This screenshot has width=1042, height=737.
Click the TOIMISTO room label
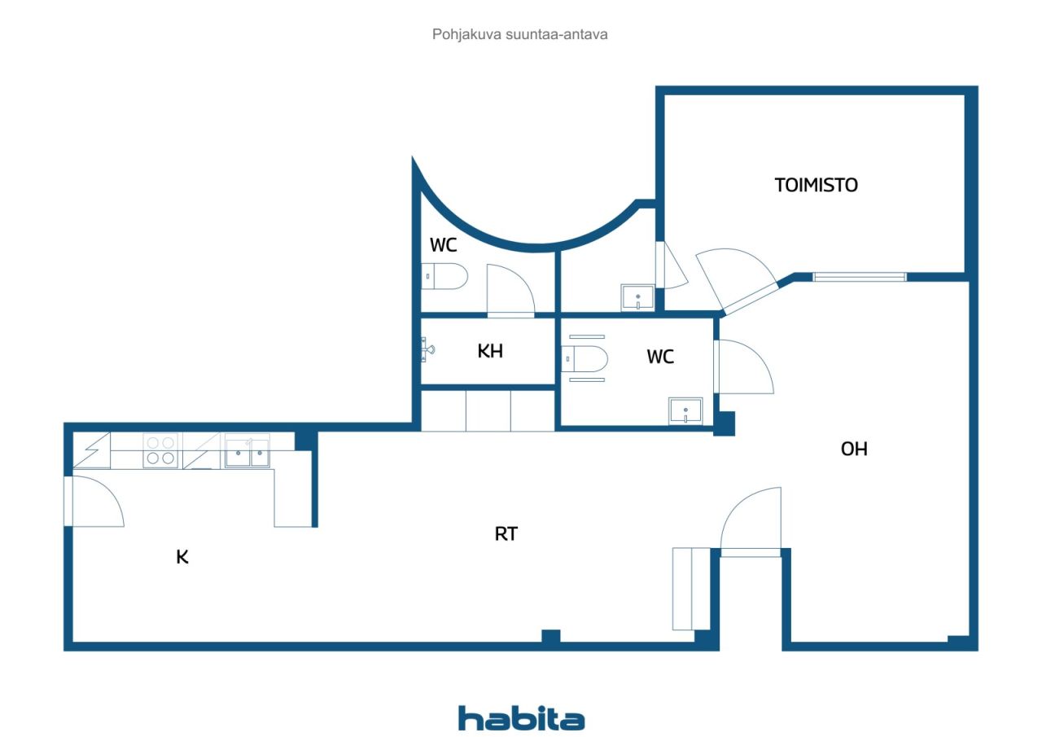[816, 185]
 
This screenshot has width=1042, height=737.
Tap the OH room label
[854, 449]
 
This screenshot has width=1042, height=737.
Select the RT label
[506, 533]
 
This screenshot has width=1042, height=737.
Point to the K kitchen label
[182, 557]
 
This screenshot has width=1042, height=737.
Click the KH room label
[490, 351]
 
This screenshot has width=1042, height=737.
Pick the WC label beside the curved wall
[444, 245]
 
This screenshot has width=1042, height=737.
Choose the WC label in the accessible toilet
[660, 357]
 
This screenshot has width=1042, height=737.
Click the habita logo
[522, 718]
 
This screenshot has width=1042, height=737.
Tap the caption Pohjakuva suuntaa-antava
[519, 34]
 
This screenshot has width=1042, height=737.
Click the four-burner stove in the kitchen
[160, 451]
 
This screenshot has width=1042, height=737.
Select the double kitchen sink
[247, 451]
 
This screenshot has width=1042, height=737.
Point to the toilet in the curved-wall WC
[444, 276]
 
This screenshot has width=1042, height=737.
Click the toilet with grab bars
[584, 359]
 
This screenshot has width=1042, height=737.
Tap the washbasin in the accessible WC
[685, 410]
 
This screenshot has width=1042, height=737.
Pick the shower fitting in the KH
[427, 349]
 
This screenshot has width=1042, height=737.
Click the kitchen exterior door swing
[99, 502]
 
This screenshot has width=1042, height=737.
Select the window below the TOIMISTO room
[860, 278]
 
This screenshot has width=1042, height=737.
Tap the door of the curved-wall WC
[510, 291]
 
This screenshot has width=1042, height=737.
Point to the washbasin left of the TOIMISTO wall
[637, 297]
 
